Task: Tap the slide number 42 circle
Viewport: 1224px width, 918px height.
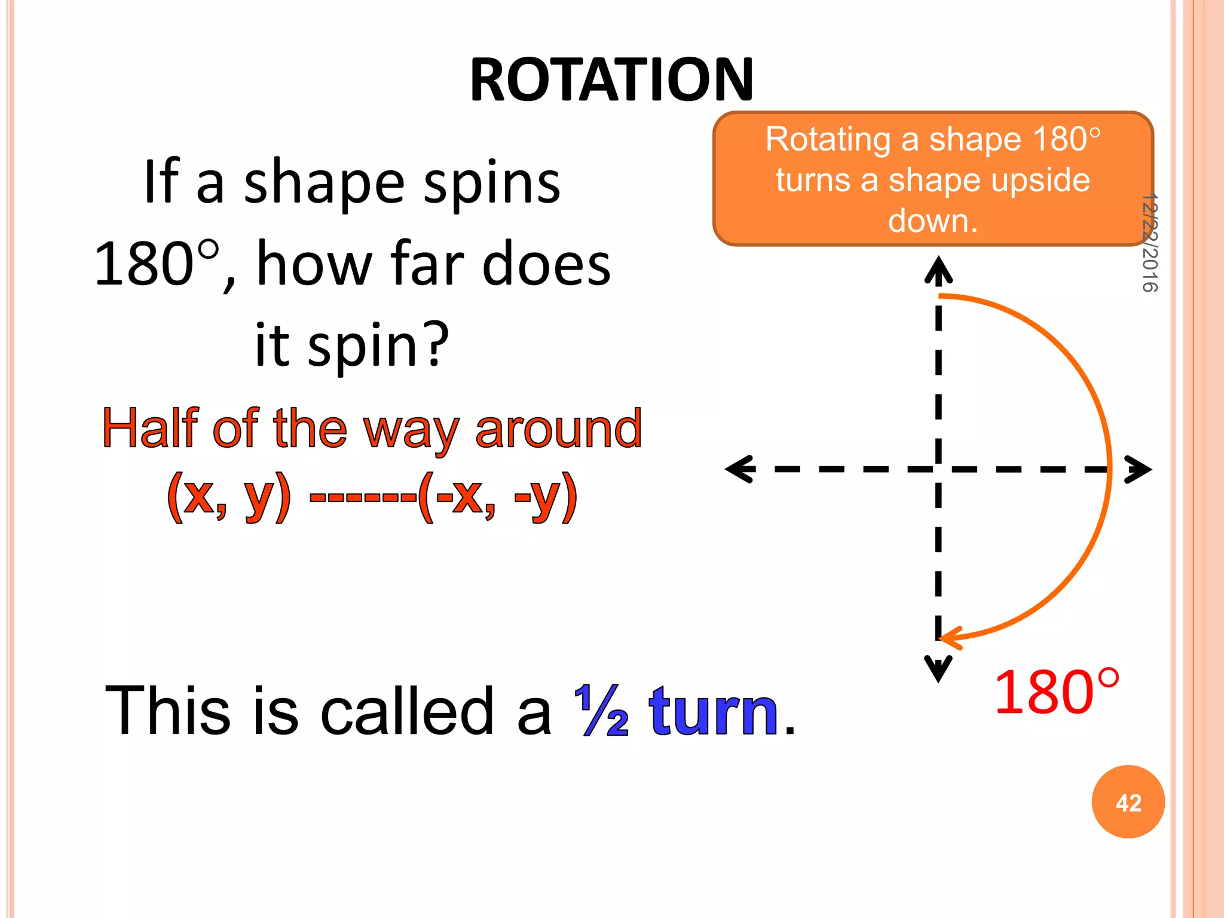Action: (1128, 802)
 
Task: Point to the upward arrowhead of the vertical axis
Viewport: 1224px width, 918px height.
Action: (938, 269)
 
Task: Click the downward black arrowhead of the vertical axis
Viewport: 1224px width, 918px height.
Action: (938, 668)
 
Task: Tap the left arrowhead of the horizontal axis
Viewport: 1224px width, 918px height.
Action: (740, 469)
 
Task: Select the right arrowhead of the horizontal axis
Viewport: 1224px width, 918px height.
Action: (1138, 469)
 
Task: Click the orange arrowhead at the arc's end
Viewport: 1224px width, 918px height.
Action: (951, 638)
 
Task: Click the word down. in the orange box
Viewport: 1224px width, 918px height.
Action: (932, 221)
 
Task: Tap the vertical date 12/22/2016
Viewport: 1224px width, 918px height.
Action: (1149, 243)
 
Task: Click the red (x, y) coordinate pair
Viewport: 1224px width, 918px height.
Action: (229, 495)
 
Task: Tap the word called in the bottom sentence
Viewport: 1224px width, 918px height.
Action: (406, 711)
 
